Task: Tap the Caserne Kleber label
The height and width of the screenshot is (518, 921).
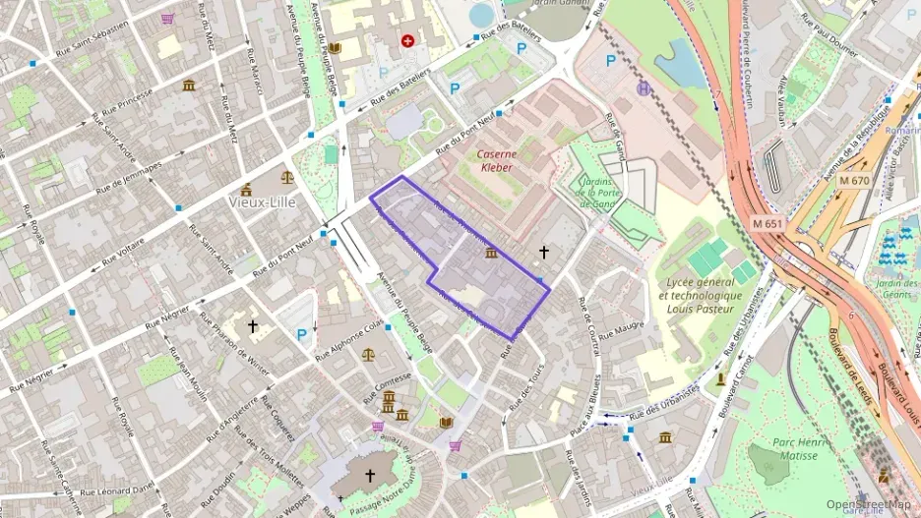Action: click(497, 160)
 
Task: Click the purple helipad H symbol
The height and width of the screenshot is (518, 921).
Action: click(645, 88)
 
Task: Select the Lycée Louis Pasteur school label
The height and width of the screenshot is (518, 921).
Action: click(701, 296)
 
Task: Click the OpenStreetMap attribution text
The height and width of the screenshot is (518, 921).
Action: click(868, 505)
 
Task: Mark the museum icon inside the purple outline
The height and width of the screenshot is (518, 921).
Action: click(491, 254)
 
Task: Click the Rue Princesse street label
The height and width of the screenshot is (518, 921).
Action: click(122, 101)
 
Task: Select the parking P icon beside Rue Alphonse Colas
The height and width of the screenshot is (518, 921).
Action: click(302, 335)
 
